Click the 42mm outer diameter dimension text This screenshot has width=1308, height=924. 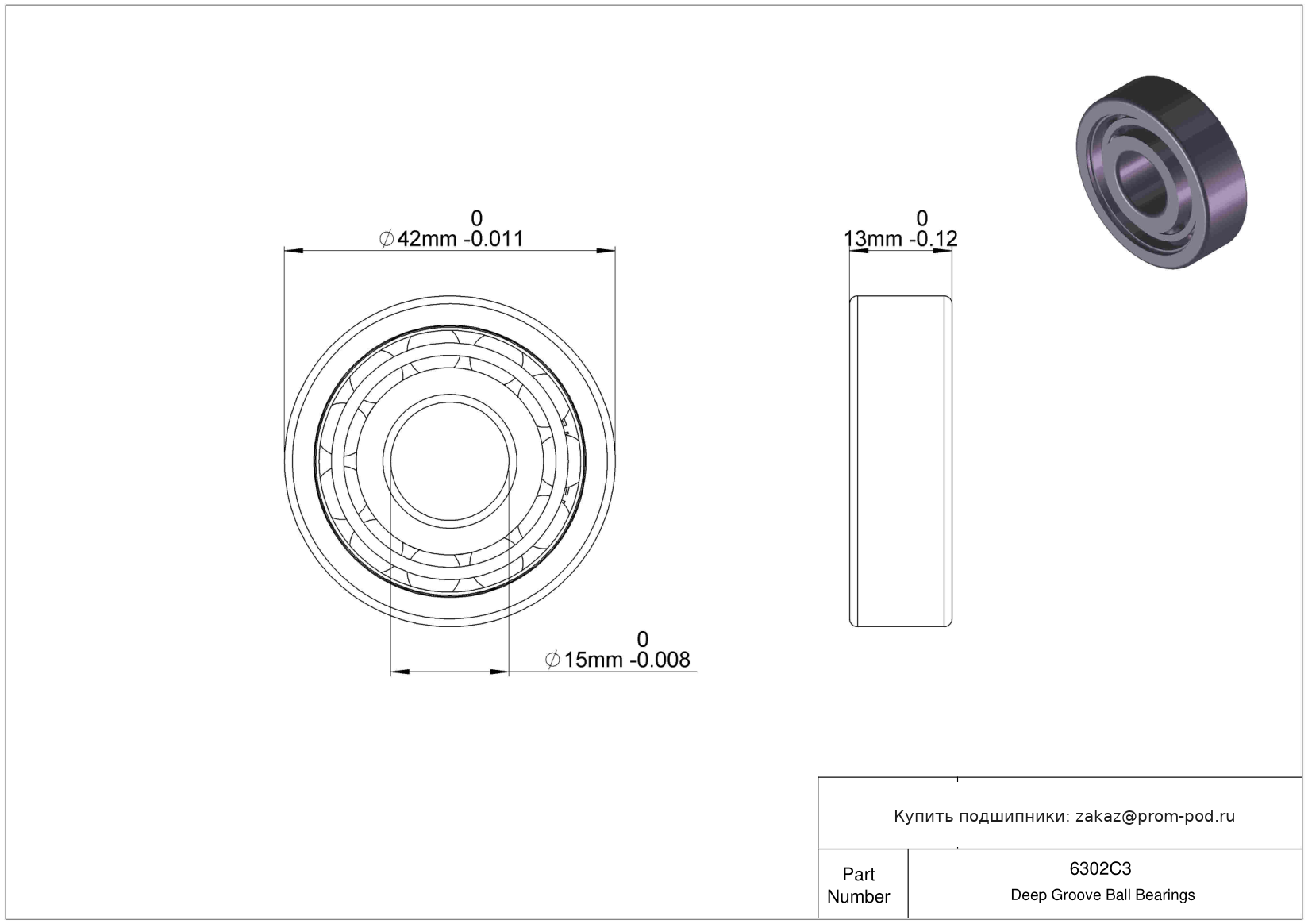pyautogui.click(x=426, y=239)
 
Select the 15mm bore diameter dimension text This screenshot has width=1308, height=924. pyautogui.click(x=593, y=660)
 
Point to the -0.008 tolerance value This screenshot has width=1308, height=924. pyautogui.click(x=660, y=660)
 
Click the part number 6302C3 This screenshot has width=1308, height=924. pyautogui.click(x=1100, y=868)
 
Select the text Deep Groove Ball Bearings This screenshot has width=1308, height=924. pyautogui.click(x=1102, y=895)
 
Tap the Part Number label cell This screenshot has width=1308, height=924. pyautogui.click(x=859, y=885)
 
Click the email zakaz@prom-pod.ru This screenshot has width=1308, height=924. pyautogui.click(x=1155, y=816)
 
